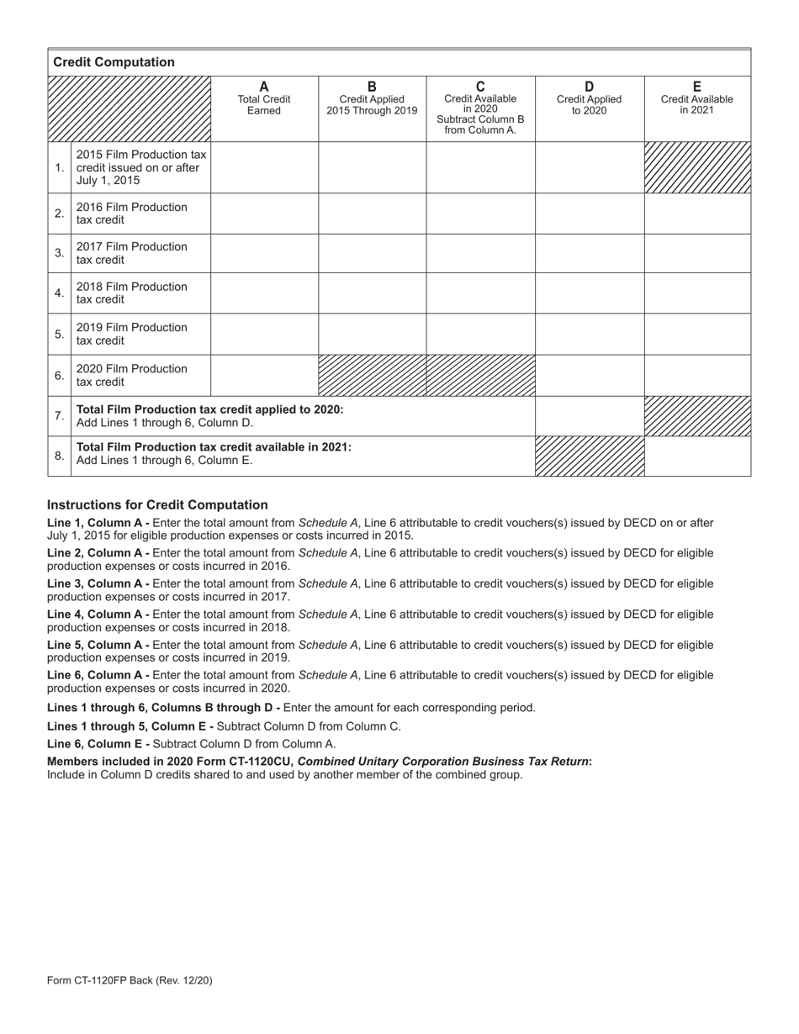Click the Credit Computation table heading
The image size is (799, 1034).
114,62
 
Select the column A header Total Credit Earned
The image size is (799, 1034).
264,99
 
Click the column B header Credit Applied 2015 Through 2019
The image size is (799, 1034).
372,99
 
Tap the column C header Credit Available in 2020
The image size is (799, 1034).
480,108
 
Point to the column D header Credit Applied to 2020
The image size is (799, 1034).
589,99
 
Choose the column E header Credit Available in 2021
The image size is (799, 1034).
696,99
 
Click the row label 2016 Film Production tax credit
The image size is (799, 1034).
132,214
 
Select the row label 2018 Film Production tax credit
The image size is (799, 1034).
132,293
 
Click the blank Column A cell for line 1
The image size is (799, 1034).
264,167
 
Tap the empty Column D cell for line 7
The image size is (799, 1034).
590,415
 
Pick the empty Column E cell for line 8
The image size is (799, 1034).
697,456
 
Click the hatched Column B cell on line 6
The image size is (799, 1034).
372,375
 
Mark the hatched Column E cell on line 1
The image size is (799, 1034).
697,167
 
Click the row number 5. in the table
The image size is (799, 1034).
59,334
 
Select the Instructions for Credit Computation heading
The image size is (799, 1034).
157,504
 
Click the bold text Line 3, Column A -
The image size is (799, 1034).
98,583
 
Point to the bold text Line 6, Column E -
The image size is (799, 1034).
98,743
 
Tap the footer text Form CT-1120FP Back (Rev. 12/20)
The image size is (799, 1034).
135,980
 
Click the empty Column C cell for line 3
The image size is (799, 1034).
480,253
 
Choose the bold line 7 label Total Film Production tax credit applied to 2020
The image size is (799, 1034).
209,409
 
